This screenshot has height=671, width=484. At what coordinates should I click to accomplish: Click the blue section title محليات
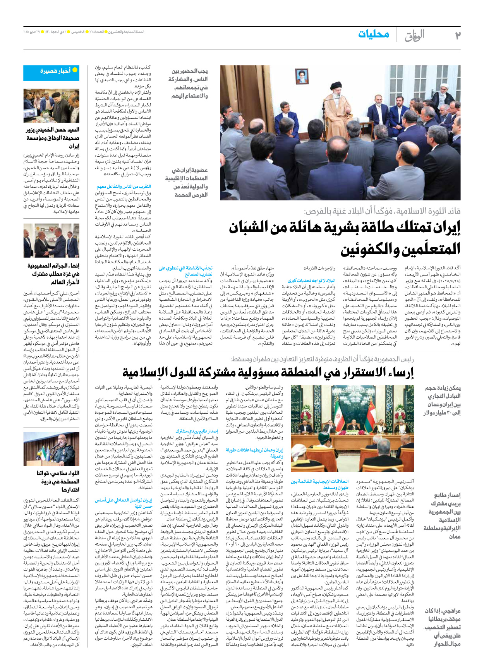(x=374, y=34)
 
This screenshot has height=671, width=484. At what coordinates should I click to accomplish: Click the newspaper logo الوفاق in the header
(x=414, y=35)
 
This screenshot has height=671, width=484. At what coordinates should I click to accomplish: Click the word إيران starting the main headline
(x=442, y=228)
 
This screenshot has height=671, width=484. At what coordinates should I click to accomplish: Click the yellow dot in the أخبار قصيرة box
(x=75, y=70)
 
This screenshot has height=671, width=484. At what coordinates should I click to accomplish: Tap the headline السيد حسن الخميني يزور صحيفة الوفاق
(x=53, y=138)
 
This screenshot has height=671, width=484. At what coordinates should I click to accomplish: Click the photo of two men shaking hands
(x=51, y=240)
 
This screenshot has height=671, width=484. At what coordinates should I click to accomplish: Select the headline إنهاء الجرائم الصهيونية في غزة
(x=53, y=274)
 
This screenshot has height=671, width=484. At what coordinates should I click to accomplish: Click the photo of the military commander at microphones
(x=51, y=449)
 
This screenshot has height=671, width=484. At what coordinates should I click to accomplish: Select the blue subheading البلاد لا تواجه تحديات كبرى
(x=311, y=281)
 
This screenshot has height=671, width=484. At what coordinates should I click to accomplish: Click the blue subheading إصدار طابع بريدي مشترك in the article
(x=196, y=431)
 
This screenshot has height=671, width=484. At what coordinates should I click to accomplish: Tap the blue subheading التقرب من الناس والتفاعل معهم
(x=124, y=187)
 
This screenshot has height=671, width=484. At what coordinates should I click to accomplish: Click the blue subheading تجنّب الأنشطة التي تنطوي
(x=185, y=271)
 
